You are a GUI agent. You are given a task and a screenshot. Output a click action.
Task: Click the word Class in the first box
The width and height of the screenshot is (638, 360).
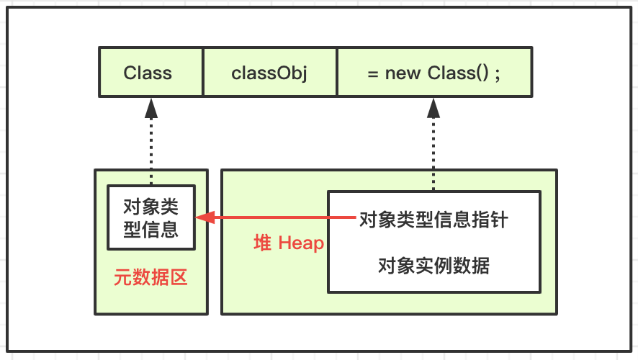[x=148, y=73]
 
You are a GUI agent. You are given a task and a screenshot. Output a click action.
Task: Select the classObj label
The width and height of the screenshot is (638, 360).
[x=269, y=73]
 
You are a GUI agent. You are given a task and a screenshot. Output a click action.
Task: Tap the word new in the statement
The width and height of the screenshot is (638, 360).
[x=403, y=73]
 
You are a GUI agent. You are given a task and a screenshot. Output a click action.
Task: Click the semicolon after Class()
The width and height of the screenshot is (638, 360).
[x=497, y=75]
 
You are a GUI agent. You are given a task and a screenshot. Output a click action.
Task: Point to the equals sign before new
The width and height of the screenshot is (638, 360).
[x=373, y=74]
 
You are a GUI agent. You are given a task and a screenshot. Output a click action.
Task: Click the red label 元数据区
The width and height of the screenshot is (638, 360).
[x=150, y=278]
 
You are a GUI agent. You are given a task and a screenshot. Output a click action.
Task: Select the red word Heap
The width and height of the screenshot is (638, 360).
[x=301, y=243]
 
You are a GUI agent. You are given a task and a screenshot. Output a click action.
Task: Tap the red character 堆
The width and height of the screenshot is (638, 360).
[x=262, y=243]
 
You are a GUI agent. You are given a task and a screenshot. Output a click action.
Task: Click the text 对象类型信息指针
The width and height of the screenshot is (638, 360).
[x=433, y=220]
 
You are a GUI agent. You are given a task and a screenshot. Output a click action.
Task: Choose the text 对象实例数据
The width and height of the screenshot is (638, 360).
[x=433, y=266]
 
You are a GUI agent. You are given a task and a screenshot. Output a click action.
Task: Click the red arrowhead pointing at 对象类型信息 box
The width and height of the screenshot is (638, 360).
[x=205, y=217]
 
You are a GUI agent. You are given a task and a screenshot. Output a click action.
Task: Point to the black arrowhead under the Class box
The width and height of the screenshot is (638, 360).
[x=151, y=108]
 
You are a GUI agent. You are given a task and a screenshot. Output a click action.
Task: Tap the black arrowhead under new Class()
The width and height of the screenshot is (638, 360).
[x=433, y=108]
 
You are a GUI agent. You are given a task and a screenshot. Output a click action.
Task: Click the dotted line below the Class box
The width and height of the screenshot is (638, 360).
[x=151, y=152]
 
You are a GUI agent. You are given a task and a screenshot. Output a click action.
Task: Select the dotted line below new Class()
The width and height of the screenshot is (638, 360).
[x=433, y=155]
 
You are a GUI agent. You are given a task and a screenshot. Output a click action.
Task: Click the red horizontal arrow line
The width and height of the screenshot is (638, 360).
[x=276, y=217]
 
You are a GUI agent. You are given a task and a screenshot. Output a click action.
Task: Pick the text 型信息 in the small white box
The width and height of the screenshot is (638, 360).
[x=151, y=230]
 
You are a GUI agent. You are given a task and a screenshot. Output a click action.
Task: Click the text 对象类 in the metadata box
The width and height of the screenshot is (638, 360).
[x=151, y=207]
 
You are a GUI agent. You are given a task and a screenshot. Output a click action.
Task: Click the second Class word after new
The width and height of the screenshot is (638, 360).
[x=451, y=73]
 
